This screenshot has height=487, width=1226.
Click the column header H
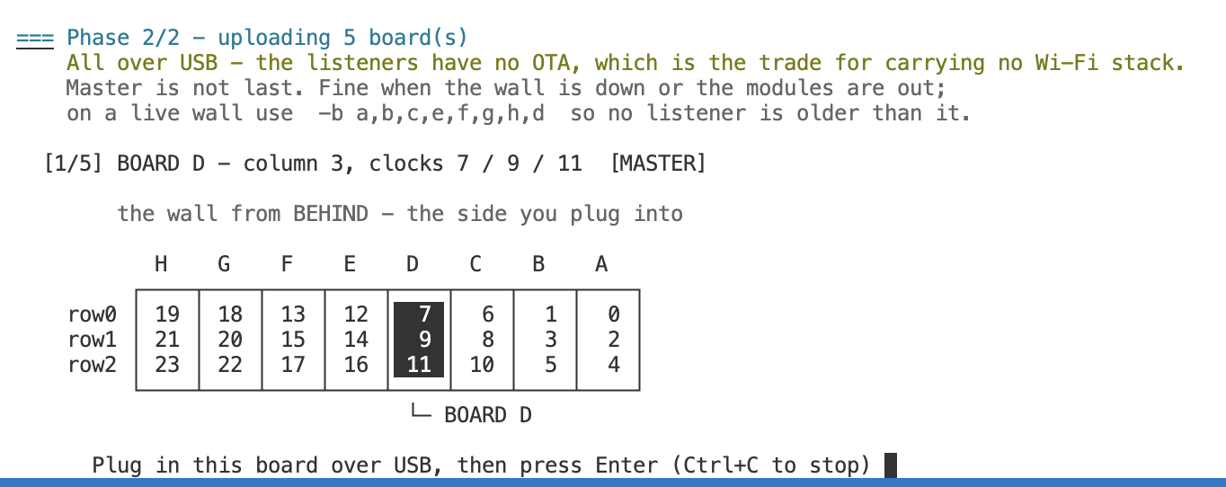pos(161,264)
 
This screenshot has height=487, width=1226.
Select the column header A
pos(601,264)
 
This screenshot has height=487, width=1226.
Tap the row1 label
pos(92,340)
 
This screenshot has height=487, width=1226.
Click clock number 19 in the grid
pos(167,314)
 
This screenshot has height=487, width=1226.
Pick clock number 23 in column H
pos(167,365)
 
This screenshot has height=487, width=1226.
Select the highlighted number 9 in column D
pos(425,340)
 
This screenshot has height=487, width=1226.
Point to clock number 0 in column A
pos(614,314)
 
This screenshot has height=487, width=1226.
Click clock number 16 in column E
pos(356,365)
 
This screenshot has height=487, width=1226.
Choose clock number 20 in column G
pos(230,340)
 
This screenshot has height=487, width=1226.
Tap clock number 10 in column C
pos(482,365)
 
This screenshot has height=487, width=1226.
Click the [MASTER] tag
pos(658,163)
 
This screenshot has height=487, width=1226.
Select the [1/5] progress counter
pos(73,163)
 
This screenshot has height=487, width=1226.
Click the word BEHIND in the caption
pos(331,214)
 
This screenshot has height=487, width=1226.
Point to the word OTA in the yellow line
pos(551,62)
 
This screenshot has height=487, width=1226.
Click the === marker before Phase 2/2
pos(35,40)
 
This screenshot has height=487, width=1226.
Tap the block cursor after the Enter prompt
pos(891,465)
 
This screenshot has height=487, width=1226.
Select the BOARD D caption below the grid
pos(488,415)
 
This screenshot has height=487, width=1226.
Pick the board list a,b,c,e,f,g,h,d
pos(450,113)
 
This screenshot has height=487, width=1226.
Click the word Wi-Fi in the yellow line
pos(1066,62)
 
